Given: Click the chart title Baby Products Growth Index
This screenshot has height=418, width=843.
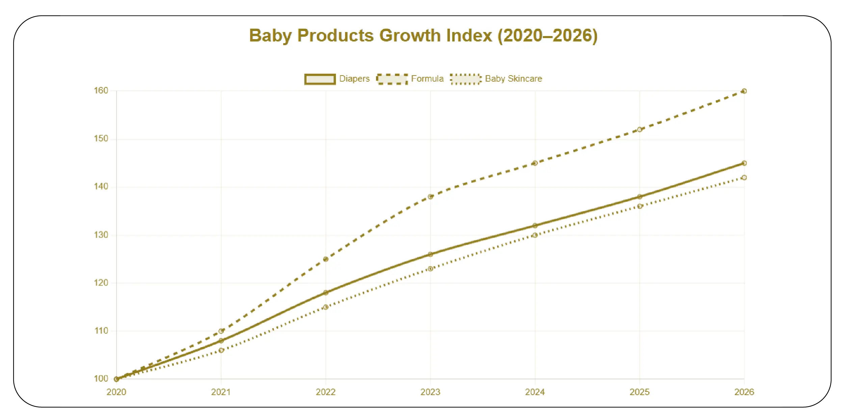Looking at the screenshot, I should (x=423, y=36).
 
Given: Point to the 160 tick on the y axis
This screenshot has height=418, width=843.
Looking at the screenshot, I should (x=101, y=91).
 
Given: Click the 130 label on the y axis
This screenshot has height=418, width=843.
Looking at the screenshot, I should (x=101, y=235).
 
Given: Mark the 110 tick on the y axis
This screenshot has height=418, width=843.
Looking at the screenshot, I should (x=101, y=331).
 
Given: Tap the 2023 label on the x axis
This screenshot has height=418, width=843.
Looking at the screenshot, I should (x=430, y=392).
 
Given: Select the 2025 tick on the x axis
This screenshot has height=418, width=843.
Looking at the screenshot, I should (x=639, y=392).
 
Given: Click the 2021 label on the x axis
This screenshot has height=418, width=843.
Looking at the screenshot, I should (x=221, y=392).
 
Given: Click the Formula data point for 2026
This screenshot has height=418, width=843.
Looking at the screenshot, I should (x=744, y=91).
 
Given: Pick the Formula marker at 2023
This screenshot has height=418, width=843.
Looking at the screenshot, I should (x=430, y=197).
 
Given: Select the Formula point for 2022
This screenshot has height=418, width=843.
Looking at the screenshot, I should (x=325, y=259).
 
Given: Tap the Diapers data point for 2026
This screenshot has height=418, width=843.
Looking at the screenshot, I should (x=744, y=163).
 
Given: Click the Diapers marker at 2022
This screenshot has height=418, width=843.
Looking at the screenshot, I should (x=325, y=293).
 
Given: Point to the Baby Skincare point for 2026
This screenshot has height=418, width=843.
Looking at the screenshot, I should (x=744, y=178).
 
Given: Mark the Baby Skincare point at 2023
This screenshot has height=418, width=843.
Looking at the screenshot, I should (x=430, y=269).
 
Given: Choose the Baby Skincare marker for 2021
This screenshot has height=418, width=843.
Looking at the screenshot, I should (x=221, y=350).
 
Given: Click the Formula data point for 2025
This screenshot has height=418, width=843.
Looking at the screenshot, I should (x=639, y=129).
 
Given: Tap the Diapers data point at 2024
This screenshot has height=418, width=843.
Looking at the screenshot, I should (x=535, y=226).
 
